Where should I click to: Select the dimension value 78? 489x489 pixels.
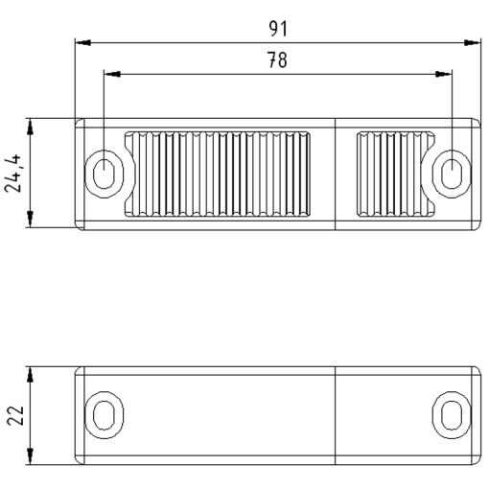click(x=277, y=60)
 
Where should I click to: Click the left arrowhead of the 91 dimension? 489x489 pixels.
click(x=83, y=42)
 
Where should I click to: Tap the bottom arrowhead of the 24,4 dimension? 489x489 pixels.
click(x=32, y=221)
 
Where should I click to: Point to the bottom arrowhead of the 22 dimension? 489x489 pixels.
click(x=32, y=457)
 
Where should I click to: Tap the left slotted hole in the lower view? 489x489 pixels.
click(x=102, y=415)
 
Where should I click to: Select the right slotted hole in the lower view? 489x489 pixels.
click(x=452, y=415)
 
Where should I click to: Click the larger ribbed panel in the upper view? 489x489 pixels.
click(x=221, y=174)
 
